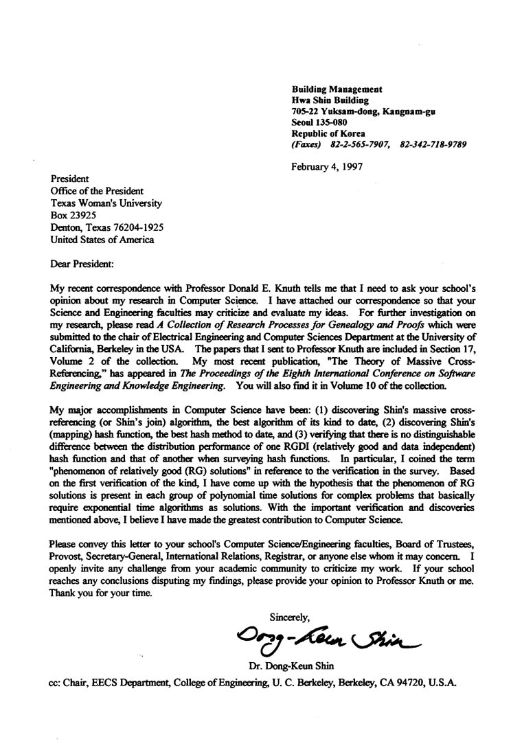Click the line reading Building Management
click(337, 89)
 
